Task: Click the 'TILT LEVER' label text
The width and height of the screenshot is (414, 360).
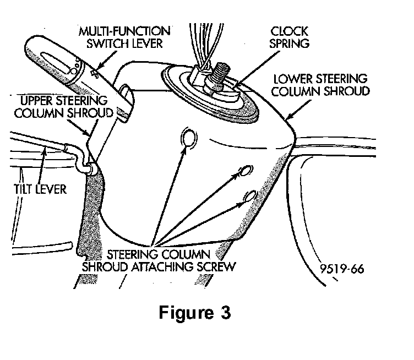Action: click(x=39, y=189)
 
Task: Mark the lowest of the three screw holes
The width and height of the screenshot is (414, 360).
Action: click(x=250, y=195)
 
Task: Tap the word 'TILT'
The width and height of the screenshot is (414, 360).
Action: click(x=25, y=189)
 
